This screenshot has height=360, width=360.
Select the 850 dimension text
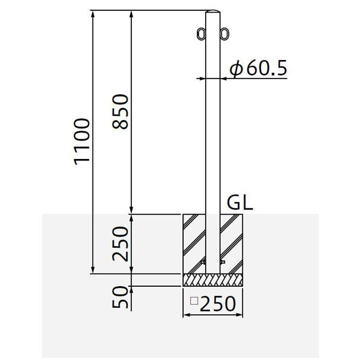point(120,112)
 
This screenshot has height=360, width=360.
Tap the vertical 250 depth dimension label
point(120,244)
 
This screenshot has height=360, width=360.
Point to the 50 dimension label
point(120,297)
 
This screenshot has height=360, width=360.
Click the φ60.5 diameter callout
point(258,68)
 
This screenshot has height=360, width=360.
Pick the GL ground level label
point(240,203)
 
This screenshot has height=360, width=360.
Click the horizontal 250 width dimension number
point(218,304)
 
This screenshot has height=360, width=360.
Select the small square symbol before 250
point(194,301)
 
